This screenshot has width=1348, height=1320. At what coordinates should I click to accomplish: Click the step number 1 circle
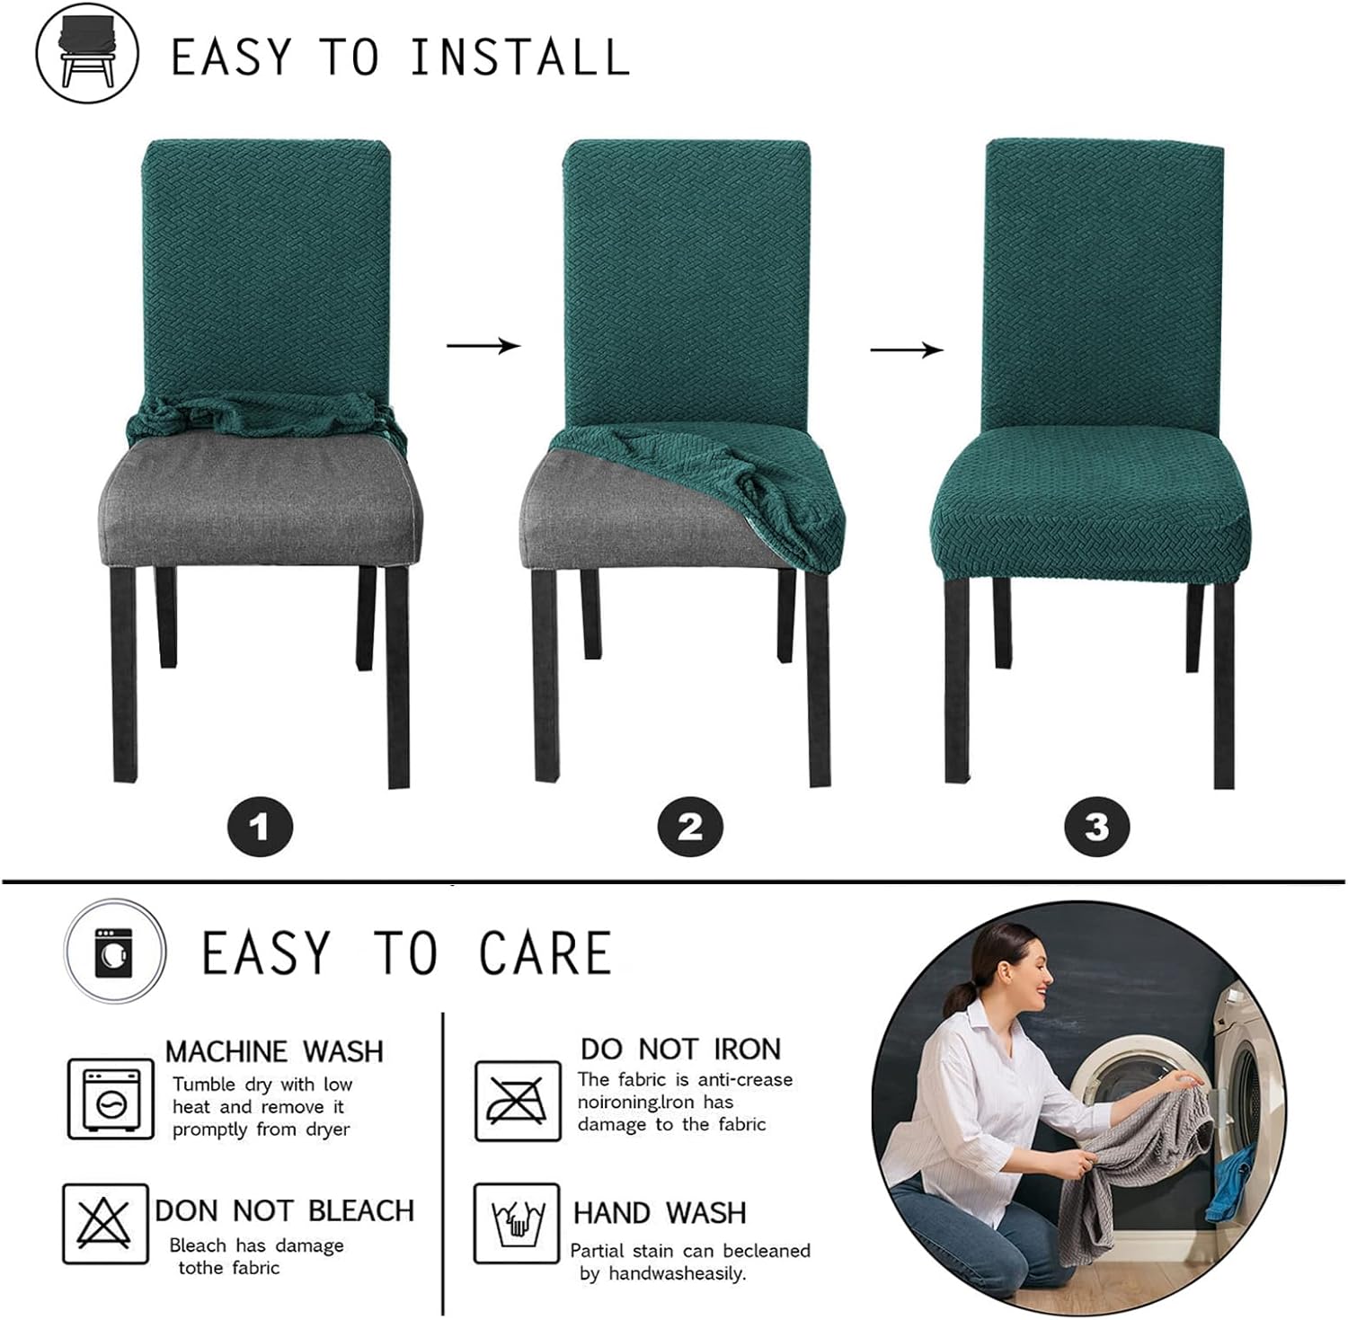point(260,827)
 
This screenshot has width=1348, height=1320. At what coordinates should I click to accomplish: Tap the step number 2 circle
point(690,827)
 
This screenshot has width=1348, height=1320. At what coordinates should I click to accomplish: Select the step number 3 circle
point(1096,827)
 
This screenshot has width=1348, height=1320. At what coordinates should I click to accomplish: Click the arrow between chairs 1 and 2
point(483,346)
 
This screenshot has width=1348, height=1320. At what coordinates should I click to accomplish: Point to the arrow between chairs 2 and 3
point(907,350)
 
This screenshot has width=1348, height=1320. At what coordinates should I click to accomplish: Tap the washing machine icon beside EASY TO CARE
point(114,952)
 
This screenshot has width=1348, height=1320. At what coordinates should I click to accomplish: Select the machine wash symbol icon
point(111,1099)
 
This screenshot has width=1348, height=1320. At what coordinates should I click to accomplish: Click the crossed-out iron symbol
point(517,1101)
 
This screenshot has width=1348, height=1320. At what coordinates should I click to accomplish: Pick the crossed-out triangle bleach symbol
point(104,1223)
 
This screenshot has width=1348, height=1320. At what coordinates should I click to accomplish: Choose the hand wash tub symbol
point(517,1223)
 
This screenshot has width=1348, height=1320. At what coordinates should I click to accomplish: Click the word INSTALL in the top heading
point(519,58)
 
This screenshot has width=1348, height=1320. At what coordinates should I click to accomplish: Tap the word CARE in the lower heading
point(545,953)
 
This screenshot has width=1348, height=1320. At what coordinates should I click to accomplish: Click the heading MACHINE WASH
point(274,1051)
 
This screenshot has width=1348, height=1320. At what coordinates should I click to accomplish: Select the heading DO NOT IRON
point(680,1049)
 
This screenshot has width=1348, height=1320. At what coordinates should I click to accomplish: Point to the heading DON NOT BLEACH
point(284,1210)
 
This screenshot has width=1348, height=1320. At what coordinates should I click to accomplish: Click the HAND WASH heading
point(660,1213)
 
